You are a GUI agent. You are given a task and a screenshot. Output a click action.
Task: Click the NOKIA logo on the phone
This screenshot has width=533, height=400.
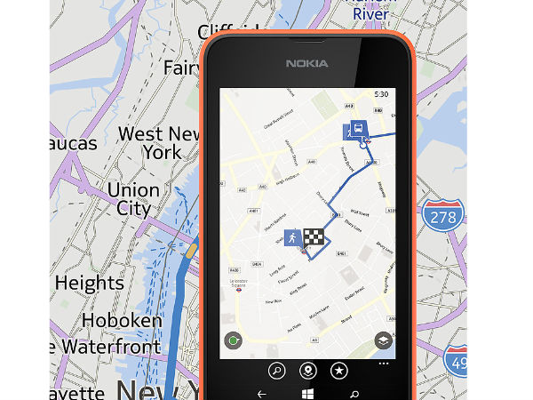306,63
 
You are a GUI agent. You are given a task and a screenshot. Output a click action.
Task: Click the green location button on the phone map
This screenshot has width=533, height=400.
235,340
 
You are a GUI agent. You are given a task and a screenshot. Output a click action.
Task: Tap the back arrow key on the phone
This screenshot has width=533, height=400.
261,392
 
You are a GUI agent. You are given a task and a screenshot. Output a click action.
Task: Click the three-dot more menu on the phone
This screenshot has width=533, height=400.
383,363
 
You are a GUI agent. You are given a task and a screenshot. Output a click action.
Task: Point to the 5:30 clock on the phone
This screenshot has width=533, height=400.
381,92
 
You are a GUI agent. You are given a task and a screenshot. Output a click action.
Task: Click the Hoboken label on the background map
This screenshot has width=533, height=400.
122,320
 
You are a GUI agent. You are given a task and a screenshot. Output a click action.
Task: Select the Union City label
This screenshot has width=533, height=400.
132,200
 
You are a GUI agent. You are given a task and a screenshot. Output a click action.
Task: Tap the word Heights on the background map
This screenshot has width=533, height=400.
89,284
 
